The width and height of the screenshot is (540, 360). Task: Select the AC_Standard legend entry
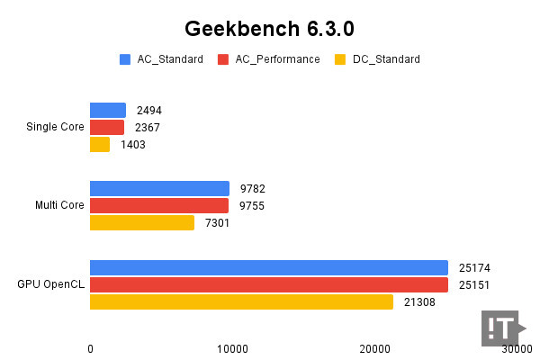pyautogui.click(x=162, y=59)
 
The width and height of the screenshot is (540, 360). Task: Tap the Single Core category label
pyautogui.click(x=56, y=127)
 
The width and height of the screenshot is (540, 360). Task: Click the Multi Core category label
pyautogui.click(x=59, y=205)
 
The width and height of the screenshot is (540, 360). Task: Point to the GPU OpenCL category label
pyautogui.click(x=51, y=284)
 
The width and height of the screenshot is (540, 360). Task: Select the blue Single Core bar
pyautogui.click(x=108, y=111)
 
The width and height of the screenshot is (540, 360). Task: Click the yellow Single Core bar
pyautogui.click(x=100, y=144)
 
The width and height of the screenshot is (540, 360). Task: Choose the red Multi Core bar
pyautogui.click(x=159, y=205)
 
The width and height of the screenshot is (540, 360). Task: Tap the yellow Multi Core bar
pyautogui.click(x=142, y=222)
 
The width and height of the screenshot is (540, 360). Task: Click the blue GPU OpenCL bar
pyautogui.click(x=269, y=267)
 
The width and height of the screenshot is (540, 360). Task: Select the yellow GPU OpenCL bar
pyautogui.click(x=241, y=301)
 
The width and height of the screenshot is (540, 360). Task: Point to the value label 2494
pyautogui.click(x=149, y=111)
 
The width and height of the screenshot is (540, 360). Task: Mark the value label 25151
pyautogui.click(x=473, y=284)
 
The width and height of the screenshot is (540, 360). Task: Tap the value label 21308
pyautogui.click(x=418, y=301)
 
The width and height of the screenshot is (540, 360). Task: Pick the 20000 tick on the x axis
pyautogui.click(x=375, y=348)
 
